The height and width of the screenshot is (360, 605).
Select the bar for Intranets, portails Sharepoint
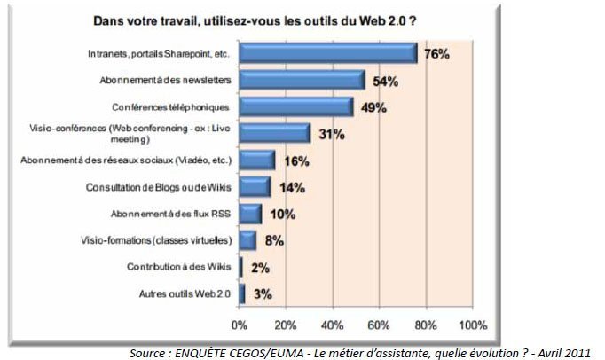pos(328,53)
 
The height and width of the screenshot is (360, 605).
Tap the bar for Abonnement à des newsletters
pos(302,80)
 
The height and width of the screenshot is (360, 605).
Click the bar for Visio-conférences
pos(275,133)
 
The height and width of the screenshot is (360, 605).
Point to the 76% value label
pos(436,53)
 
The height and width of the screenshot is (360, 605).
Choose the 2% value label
pos(261,267)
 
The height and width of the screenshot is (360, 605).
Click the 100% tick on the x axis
pos(472,324)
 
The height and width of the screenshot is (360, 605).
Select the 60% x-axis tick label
pos(379,324)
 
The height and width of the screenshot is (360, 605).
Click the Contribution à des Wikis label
pos(177,267)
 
